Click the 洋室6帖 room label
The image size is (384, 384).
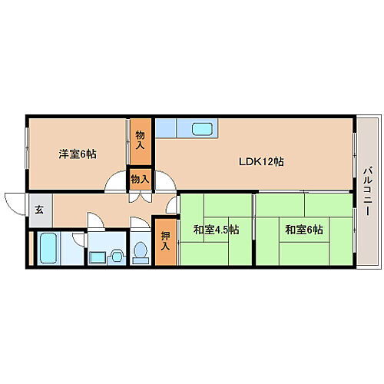point(78,154)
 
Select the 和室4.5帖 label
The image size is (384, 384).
point(216,229)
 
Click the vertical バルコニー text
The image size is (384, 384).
point(368,190)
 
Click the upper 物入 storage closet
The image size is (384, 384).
point(141,142)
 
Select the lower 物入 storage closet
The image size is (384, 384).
point(140,179)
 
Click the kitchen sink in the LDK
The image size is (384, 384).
point(203,129)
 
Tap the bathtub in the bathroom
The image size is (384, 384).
point(48,248)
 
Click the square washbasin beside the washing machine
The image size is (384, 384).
point(98,257)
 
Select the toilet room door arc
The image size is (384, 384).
point(139,224)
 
